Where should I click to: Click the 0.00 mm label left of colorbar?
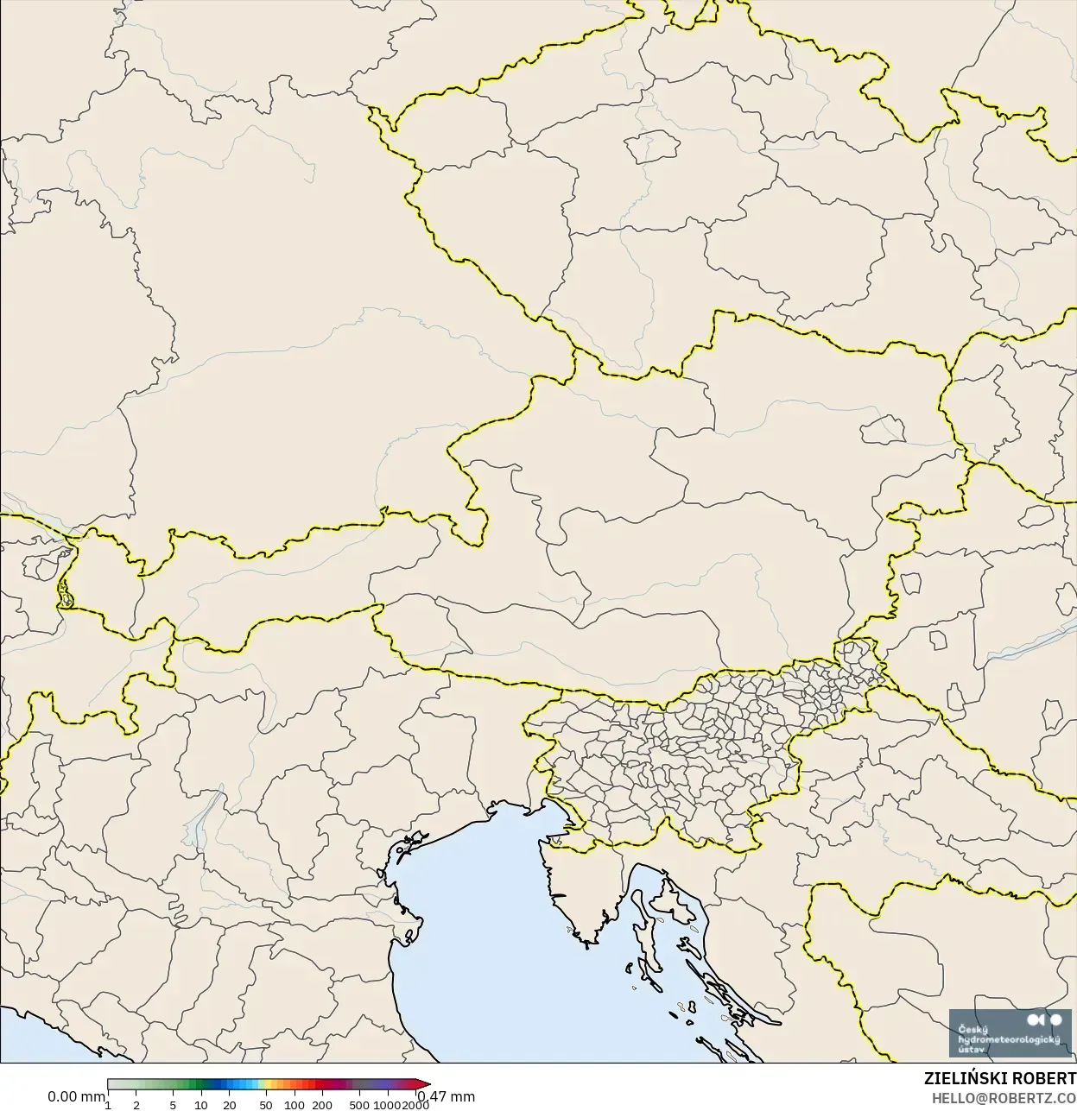[x=76, y=1096]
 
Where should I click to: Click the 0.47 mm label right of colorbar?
[x=446, y=1096]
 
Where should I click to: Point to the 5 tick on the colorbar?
[x=173, y=1104]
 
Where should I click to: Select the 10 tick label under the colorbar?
[x=200, y=1104]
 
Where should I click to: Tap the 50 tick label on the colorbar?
[x=266, y=1104]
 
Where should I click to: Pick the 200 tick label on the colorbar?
[x=322, y=1104]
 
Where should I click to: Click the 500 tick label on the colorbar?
[x=359, y=1104]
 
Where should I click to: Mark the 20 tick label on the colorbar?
[x=229, y=1104]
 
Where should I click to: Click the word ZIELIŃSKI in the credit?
[x=960, y=1079]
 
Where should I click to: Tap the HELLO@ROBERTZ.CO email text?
[x=1003, y=1098]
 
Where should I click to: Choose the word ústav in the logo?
[x=972, y=1050]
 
